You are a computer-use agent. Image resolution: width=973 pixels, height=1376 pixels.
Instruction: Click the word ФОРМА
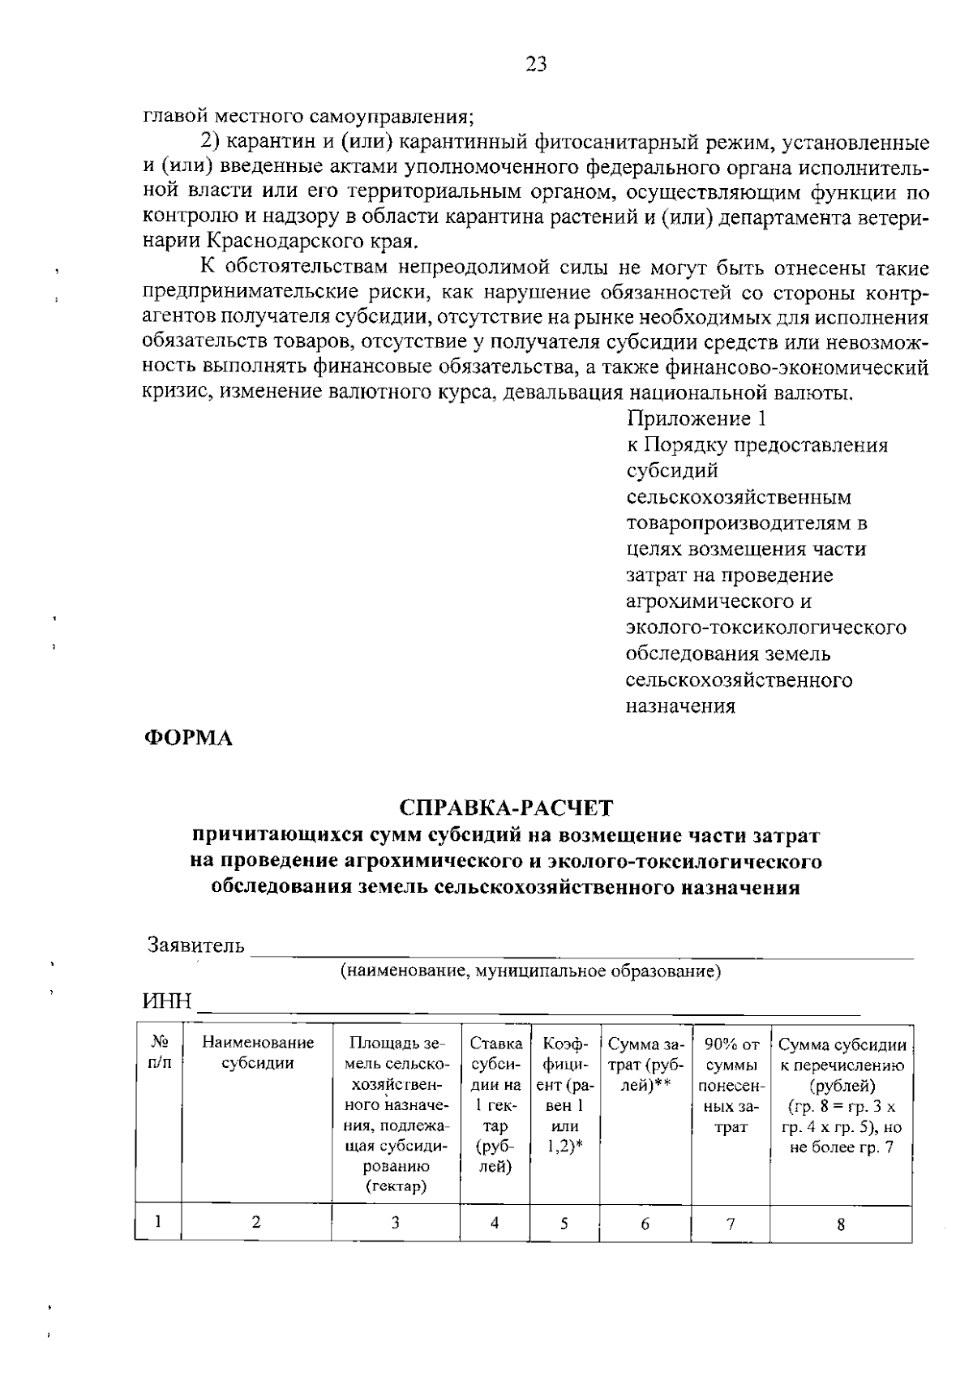pos(188,739)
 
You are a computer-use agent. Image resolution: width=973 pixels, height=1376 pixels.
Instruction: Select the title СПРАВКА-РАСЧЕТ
pos(507,808)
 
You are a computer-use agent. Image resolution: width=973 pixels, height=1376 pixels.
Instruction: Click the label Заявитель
pos(195,945)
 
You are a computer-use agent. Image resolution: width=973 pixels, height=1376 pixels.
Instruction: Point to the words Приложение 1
pos(696,419)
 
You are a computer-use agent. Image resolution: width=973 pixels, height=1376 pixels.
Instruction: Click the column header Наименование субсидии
pos(257,1052)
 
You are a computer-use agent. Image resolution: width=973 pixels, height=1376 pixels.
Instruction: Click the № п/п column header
pos(160,1052)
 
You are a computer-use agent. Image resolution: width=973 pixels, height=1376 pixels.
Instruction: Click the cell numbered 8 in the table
pos(841,1225)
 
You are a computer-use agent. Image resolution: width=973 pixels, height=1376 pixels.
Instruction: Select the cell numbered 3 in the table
pos(395,1224)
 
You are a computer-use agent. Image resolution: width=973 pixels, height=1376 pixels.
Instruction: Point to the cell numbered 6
pos(645,1224)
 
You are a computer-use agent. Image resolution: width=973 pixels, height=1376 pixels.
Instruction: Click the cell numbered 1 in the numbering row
pos(158,1221)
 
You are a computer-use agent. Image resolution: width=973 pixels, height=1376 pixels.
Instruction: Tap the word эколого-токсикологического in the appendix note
pos(766,628)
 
